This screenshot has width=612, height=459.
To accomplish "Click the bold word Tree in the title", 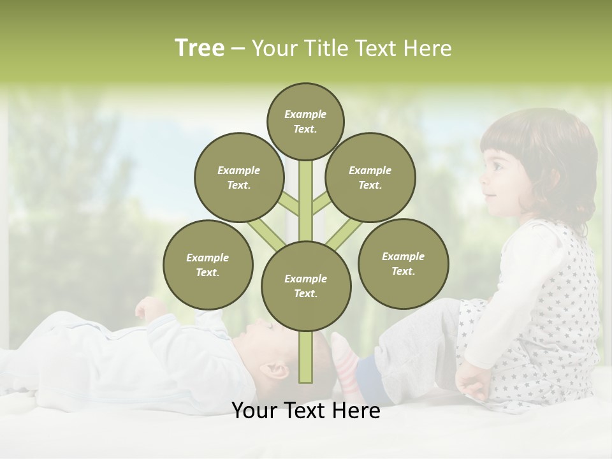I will (x=200, y=48).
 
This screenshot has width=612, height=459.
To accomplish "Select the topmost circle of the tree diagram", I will (x=305, y=121).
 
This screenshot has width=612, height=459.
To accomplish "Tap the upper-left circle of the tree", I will (x=238, y=177).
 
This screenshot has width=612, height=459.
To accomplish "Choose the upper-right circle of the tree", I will (x=370, y=177).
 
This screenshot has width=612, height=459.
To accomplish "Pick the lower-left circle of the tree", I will (x=207, y=265).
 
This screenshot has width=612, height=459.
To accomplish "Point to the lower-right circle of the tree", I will (x=403, y=263).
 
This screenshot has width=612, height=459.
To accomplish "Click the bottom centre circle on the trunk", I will (x=305, y=286).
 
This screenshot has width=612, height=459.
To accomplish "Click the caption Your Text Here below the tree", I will (x=305, y=411).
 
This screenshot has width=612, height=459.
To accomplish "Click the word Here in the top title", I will (x=428, y=48).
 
